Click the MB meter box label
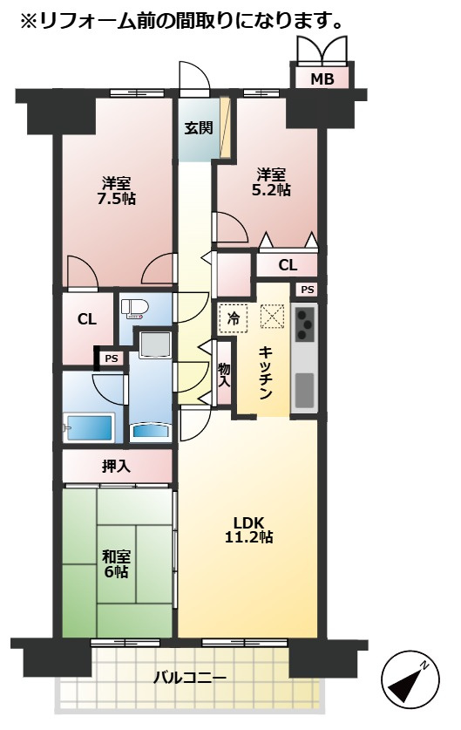tap(322, 79)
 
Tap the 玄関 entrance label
tap(199, 127)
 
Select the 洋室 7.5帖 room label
tap(116, 191)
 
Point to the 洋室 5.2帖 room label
tap(271, 182)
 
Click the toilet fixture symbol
tap(134, 309)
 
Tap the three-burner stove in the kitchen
tap(305, 323)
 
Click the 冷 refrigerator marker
tap(233, 318)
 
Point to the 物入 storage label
tap(224, 375)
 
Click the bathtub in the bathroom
tap(89, 428)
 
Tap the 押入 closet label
tap(116, 466)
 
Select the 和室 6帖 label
tap(116, 563)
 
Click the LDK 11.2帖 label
tap(249, 529)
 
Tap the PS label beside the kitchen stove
tap(307, 290)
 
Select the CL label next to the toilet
tap(87, 319)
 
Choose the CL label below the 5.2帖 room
tap(288, 265)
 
